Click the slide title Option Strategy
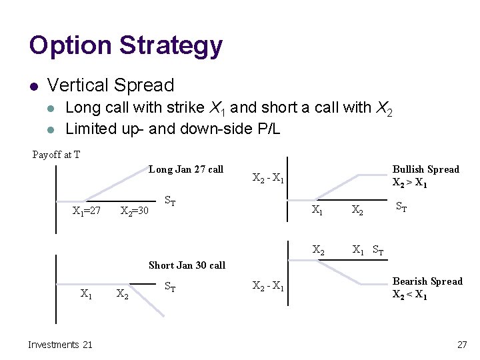[x=125, y=46]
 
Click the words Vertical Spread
[x=111, y=85]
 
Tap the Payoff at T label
[x=57, y=155]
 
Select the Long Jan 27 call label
[x=185, y=169]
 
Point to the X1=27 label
[x=86, y=211]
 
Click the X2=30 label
[x=134, y=211]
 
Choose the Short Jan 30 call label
[x=187, y=265]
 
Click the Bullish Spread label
[x=425, y=169]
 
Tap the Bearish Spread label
[x=427, y=281]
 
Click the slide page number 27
[x=462, y=345]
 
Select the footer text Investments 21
[x=60, y=345]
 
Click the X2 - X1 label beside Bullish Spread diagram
[x=269, y=178]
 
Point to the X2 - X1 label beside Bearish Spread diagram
[x=268, y=287]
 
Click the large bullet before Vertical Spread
[x=33, y=86]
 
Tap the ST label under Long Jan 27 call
[x=170, y=200]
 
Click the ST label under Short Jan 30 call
[x=170, y=288]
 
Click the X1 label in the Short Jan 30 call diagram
[x=86, y=293]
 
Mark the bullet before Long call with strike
[x=53, y=107]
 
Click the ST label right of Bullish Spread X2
[x=402, y=207]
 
